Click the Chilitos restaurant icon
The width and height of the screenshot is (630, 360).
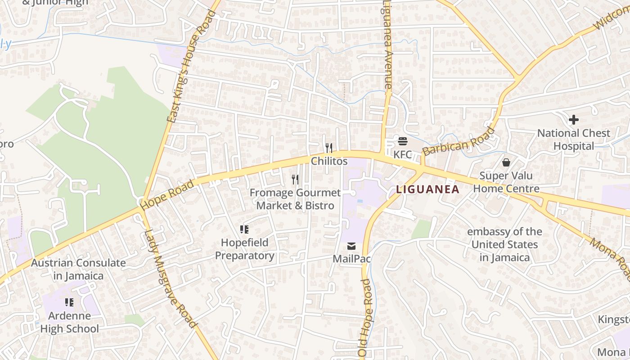tap(329, 148)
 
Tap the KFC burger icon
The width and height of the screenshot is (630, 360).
tap(402, 141)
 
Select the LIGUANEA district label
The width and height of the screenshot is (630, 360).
tap(428, 189)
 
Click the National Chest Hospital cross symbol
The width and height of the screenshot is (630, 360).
tap(574, 120)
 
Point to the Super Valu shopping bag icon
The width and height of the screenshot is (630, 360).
tap(506, 162)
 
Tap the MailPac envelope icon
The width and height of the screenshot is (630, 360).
tap(351, 246)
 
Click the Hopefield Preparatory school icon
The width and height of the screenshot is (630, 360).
tap(244, 229)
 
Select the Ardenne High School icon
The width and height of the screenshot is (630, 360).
tap(69, 302)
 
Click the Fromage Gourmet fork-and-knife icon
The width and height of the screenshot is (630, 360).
tap(295, 180)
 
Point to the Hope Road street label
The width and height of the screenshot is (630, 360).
tap(167, 195)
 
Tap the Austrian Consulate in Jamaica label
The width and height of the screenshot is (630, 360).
tap(78, 269)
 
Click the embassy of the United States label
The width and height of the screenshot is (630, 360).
tap(504, 244)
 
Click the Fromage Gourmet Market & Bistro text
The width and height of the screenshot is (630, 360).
tap(295, 199)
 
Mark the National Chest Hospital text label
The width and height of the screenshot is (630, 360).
tap(574, 139)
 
